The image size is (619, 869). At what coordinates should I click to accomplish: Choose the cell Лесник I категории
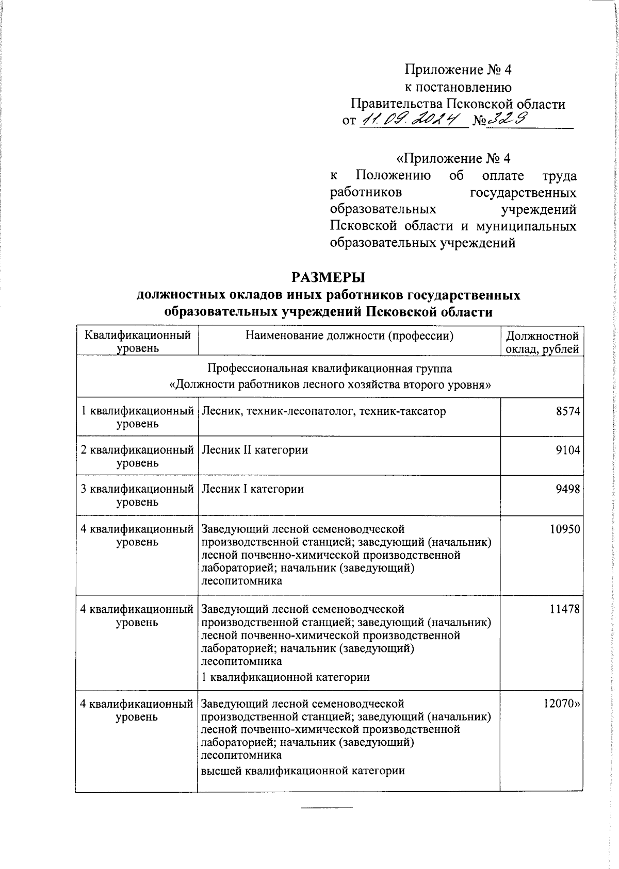(x=252, y=489)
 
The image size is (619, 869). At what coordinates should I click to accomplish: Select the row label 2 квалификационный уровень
(x=137, y=456)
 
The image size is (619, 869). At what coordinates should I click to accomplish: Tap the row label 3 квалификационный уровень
(x=137, y=495)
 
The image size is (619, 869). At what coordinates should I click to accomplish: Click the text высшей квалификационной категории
(x=302, y=771)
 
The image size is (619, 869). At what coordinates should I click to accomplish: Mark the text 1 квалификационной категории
(x=285, y=677)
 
